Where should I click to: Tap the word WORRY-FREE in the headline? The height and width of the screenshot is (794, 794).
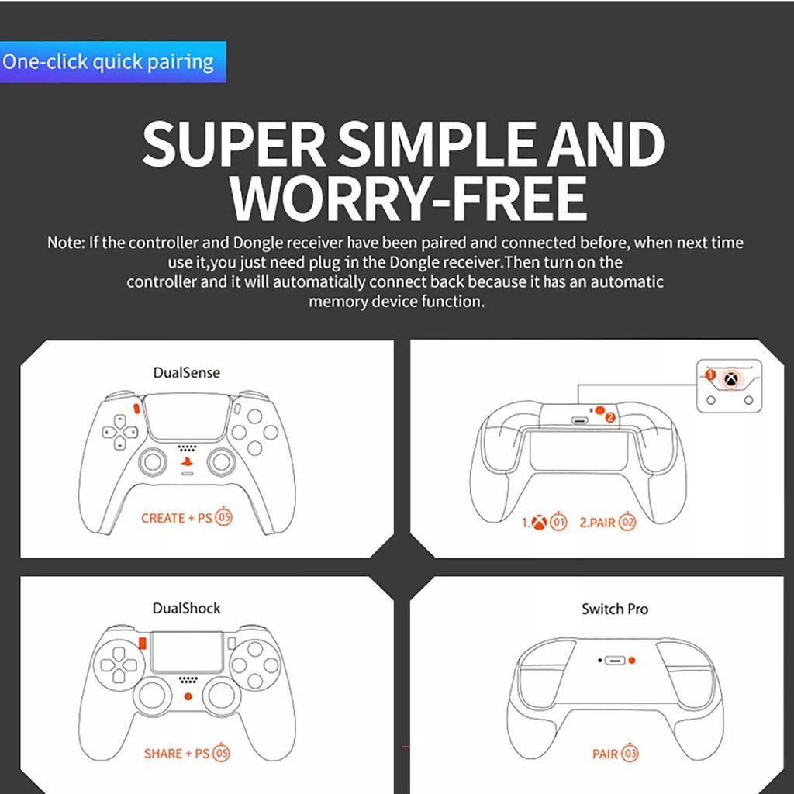408,198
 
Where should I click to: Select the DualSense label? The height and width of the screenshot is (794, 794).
186,373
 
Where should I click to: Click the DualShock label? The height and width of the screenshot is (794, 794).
186,609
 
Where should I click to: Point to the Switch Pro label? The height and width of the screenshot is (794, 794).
614,609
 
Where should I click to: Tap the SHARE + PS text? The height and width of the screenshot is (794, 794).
176,753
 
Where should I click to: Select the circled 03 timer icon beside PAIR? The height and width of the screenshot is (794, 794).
630,753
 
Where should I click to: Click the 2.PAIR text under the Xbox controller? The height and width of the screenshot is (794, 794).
597,523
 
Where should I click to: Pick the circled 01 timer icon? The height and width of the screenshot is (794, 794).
559,523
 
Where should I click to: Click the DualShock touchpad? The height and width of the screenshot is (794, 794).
186,651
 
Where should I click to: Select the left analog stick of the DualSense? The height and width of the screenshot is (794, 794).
152,463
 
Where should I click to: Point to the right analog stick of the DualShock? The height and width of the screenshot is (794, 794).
222,697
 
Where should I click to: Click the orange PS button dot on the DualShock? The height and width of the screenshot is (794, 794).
187,696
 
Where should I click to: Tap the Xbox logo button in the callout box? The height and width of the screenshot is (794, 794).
730,379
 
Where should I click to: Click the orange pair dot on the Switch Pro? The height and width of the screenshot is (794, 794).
632,661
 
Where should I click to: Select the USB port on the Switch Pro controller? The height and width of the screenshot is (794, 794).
615,661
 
